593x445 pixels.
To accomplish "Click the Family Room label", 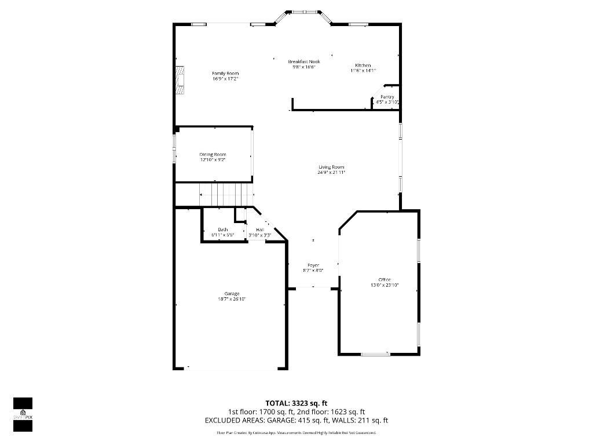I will pyautogui.click(x=225, y=73).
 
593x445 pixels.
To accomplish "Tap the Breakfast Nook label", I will pyautogui.click(x=304, y=61).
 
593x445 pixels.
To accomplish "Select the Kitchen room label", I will pyautogui.click(x=363, y=65).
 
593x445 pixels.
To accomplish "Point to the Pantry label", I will pyautogui.click(x=387, y=97).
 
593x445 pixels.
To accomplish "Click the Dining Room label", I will pyautogui.click(x=213, y=154).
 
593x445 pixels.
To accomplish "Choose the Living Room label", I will pyautogui.click(x=331, y=167).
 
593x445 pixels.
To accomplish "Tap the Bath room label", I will pyautogui.click(x=223, y=230).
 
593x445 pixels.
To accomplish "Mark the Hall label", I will pyautogui.click(x=260, y=230).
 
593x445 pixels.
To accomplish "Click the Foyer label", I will pyautogui.click(x=313, y=265).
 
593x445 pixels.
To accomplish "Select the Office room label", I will pyautogui.click(x=385, y=280).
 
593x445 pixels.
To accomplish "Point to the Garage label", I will pyautogui.click(x=232, y=294).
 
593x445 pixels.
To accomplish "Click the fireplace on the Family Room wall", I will pyautogui.click(x=180, y=79).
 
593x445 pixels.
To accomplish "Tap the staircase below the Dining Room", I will pyautogui.click(x=226, y=194).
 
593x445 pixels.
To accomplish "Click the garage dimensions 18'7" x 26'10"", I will pyautogui.click(x=232, y=300).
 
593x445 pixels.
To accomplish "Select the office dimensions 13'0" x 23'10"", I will pyautogui.click(x=385, y=285).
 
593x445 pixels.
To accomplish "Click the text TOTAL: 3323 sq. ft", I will pyautogui.click(x=296, y=403).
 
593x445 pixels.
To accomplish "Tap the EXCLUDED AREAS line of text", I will pyautogui.click(x=296, y=420).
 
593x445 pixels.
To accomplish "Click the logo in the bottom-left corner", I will pyautogui.click(x=23, y=414).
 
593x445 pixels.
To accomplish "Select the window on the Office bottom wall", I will pyautogui.click(x=375, y=354).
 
